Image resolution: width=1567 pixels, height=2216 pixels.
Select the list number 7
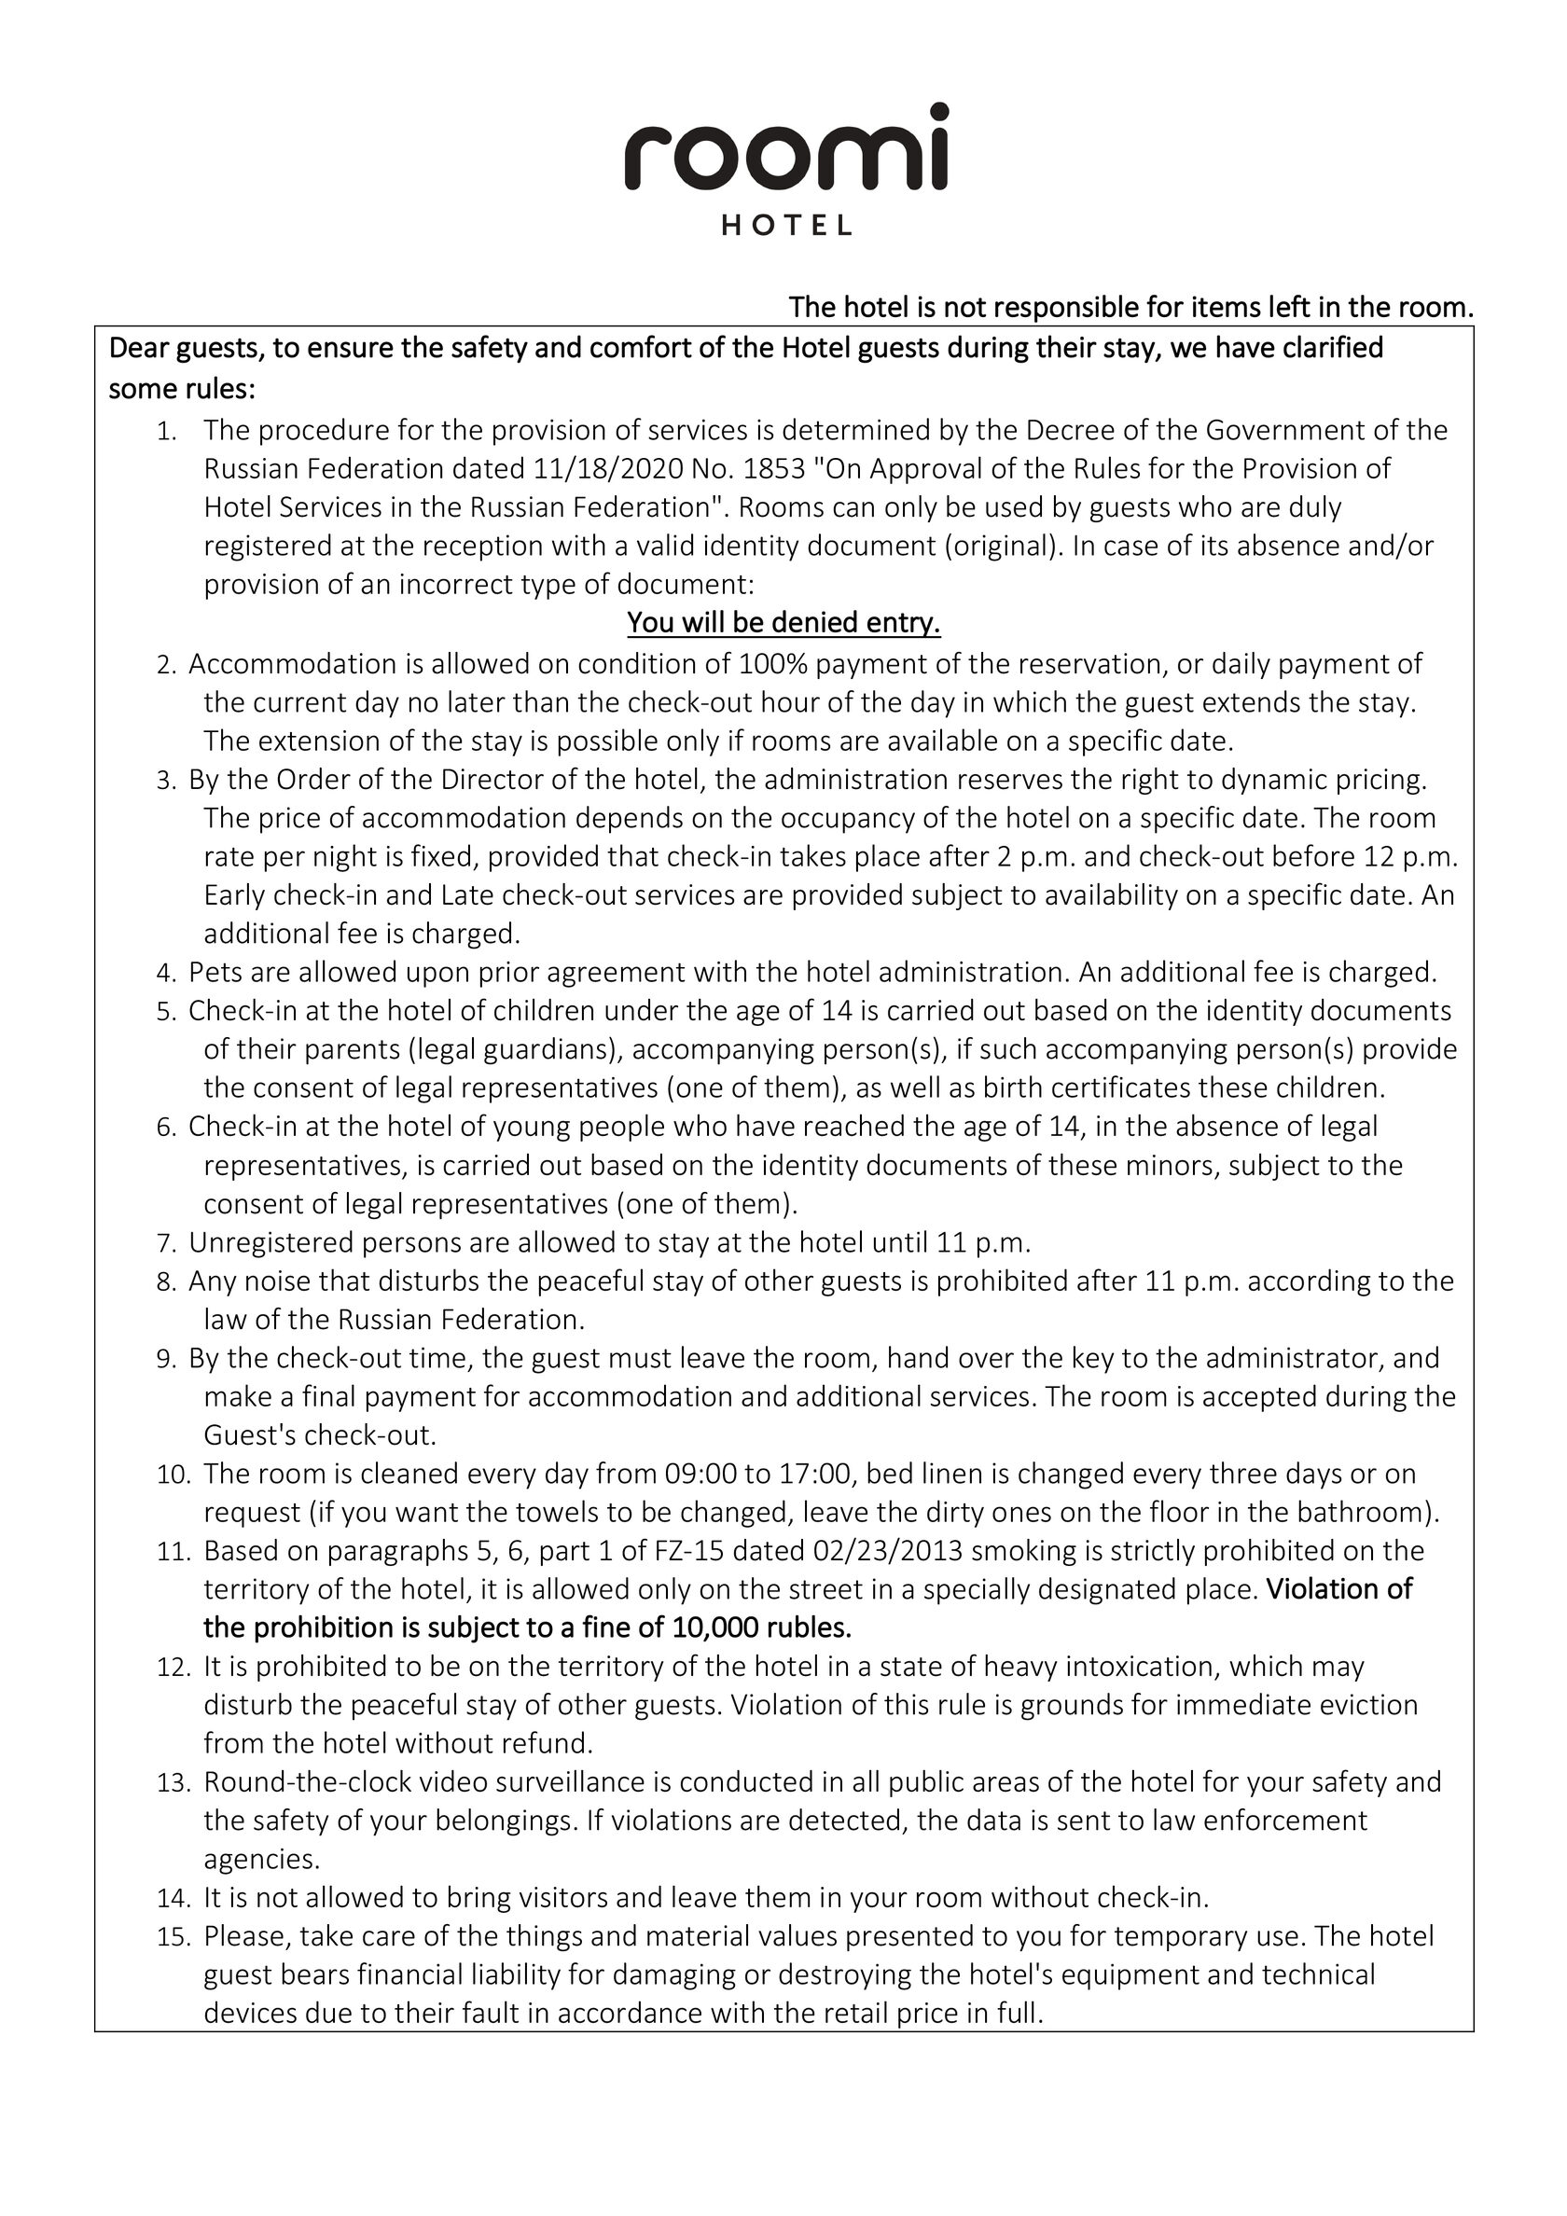point(165,1243)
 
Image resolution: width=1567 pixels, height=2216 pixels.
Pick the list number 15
point(173,1937)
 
